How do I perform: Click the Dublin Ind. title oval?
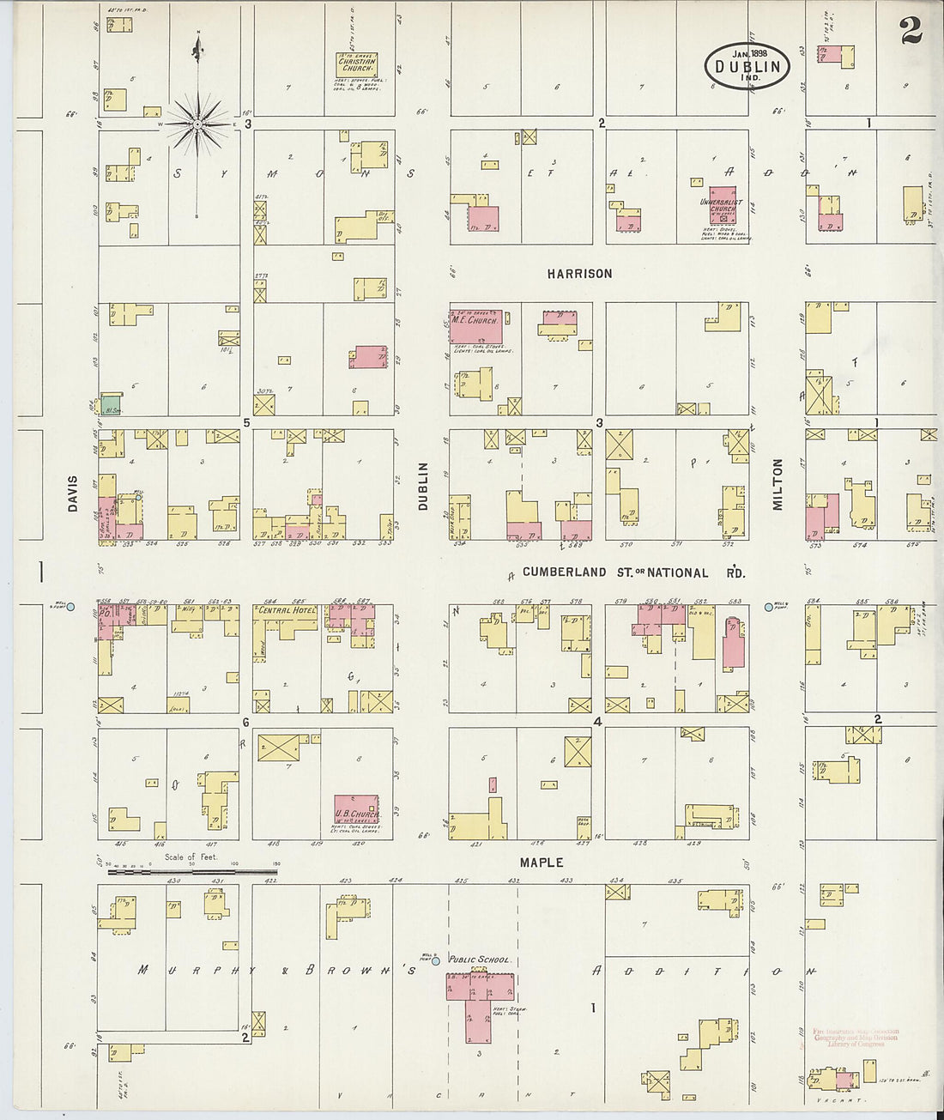click(747, 65)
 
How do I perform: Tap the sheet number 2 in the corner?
click(911, 32)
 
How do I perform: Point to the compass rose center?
click(198, 124)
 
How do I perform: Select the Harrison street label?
click(580, 274)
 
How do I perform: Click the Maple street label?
click(541, 862)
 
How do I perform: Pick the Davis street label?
click(73, 495)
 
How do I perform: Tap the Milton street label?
click(778, 484)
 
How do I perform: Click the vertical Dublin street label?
click(423, 487)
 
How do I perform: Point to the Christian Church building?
click(360, 66)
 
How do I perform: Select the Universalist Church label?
click(723, 206)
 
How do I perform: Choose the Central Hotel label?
click(287, 610)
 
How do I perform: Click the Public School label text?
click(479, 960)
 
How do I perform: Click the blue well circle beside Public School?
click(436, 960)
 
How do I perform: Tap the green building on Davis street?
click(111, 407)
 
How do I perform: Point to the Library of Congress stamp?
click(855, 1037)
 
